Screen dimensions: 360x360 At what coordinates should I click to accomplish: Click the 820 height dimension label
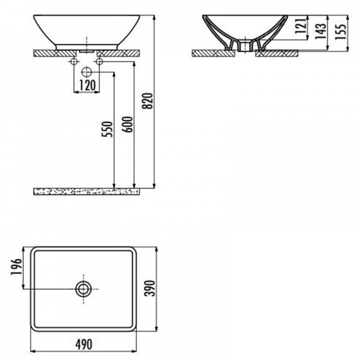pos(147,101)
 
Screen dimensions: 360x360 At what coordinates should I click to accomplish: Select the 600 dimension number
pos(127,124)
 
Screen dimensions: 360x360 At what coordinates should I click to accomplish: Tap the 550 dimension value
pos(107,129)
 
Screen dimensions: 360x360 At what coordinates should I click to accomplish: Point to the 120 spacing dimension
pos(87,85)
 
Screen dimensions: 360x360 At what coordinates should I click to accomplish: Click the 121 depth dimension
pos(301,26)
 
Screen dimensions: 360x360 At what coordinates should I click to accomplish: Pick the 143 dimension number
pos(320,31)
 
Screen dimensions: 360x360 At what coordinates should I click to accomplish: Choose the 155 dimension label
pos(340,32)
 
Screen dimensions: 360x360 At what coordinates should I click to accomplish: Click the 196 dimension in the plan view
pos(16,266)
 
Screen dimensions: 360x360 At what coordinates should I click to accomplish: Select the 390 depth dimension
pos(150,288)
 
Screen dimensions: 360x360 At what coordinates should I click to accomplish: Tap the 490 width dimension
pos(84,344)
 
